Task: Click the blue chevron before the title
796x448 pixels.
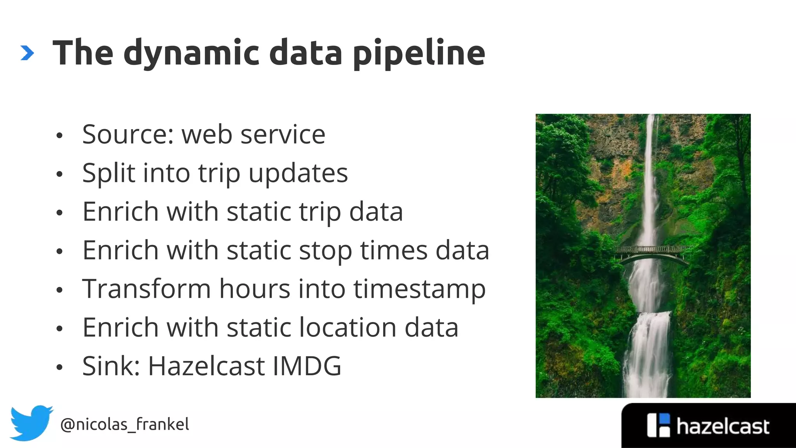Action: tap(27, 53)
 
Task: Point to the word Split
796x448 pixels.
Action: tap(108, 173)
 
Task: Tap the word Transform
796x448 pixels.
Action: tap(147, 289)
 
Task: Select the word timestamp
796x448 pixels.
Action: tap(419, 290)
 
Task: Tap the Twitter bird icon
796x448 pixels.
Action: tap(31, 423)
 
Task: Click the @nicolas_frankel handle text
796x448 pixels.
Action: tap(125, 424)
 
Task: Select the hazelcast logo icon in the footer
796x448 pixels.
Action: tap(658, 425)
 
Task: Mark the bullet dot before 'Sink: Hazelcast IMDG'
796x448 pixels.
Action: tap(59, 367)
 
